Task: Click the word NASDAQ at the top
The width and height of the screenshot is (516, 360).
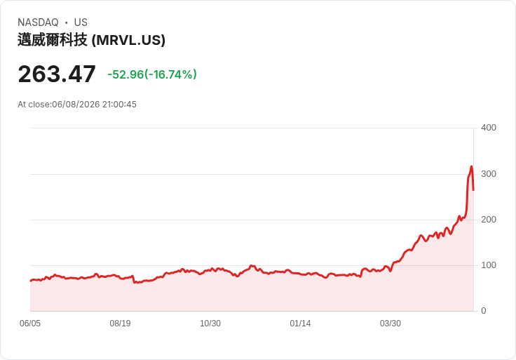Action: [38, 22]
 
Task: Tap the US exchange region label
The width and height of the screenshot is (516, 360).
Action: [81, 22]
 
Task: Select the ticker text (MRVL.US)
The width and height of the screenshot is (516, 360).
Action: [128, 40]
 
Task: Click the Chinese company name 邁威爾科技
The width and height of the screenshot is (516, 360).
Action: [53, 40]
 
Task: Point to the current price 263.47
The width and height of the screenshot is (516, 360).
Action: [57, 74]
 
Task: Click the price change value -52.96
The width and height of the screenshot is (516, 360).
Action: [125, 74]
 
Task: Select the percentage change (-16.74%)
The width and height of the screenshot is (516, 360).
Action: [170, 74]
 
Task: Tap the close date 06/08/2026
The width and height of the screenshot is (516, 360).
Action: [76, 105]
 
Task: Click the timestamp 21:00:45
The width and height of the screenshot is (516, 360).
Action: [119, 105]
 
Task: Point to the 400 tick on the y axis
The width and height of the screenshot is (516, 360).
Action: [489, 128]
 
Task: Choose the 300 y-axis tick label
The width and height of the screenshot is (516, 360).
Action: [489, 174]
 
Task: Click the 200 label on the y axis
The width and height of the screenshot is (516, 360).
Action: [489, 220]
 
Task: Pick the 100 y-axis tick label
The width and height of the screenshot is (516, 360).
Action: [489, 265]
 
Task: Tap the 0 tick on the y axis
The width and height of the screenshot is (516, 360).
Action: [484, 311]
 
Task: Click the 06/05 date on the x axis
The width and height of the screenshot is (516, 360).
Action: [30, 324]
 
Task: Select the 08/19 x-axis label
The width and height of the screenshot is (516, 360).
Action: [120, 324]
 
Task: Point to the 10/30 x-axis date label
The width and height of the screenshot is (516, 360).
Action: [210, 324]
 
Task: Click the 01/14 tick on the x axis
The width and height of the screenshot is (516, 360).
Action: [300, 324]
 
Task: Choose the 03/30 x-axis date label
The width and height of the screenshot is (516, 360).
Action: [391, 324]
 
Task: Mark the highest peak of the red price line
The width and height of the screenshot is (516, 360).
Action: [471, 166]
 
